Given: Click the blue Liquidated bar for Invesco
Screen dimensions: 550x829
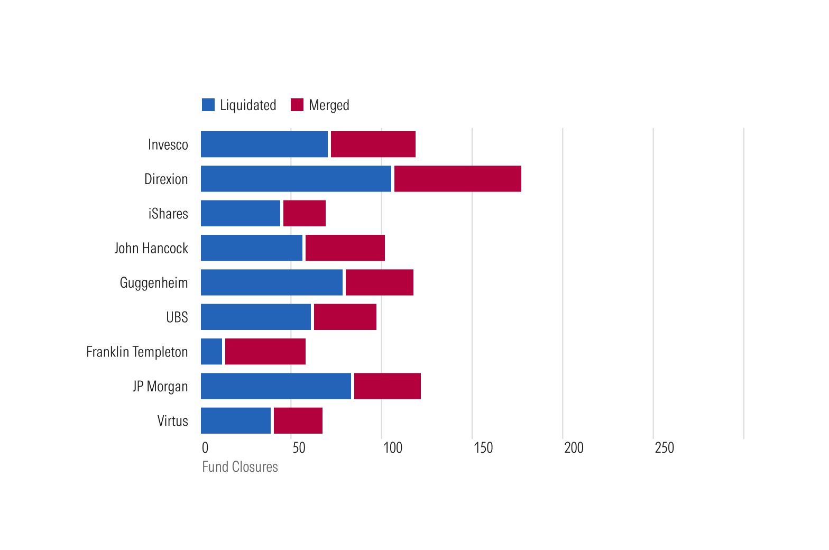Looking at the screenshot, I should pos(264,144).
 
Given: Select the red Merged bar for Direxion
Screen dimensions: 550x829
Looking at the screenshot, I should pos(457,179).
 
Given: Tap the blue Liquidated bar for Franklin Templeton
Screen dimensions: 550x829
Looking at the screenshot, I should pos(211,351).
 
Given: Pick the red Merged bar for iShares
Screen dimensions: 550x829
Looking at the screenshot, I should pos(304,213).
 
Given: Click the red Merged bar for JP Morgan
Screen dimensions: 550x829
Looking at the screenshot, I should pos(387,386).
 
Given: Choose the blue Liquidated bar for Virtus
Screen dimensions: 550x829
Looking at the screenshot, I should pos(236,420).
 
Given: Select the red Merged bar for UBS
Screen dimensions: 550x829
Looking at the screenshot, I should pos(345,317).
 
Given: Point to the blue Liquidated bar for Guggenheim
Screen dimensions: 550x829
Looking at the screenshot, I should pos(272,282).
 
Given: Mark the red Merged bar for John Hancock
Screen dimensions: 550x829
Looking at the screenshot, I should pos(345,247).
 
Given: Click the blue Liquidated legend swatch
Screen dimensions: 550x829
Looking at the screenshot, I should pos(208,105).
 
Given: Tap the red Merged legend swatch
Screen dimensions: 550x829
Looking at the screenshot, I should pos(297,105).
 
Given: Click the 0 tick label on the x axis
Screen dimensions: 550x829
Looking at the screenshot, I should pos(205,448).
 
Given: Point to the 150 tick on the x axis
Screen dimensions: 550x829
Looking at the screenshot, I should pos(483,448).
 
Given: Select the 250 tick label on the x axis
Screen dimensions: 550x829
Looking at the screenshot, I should pos(664,448).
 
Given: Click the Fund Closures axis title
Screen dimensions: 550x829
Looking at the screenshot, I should pos(240,467).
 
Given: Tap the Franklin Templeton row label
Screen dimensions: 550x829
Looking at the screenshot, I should pos(137,352).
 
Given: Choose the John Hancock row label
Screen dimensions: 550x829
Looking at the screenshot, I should pos(151,248).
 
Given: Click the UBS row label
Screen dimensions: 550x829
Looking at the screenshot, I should pos(177,317).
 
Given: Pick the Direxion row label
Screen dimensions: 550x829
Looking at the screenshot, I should pos(166,179).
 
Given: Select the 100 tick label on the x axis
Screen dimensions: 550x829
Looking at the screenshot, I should pos(392,448).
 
